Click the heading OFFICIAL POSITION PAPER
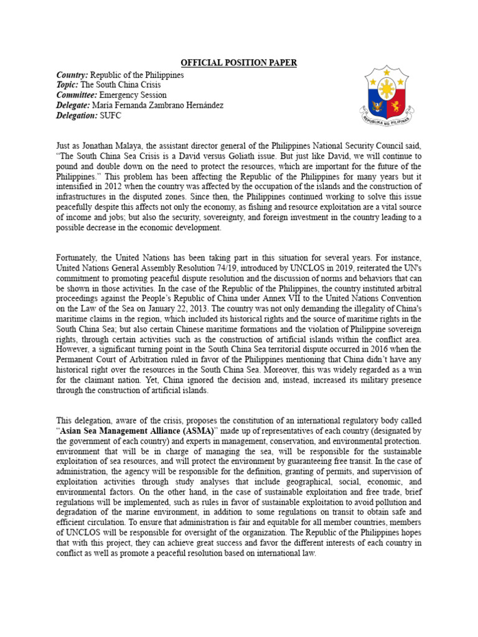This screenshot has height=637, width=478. click(x=239, y=63)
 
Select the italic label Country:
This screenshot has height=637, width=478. click(x=73, y=75)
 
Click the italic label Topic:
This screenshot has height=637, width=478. click(x=68, y=85)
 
